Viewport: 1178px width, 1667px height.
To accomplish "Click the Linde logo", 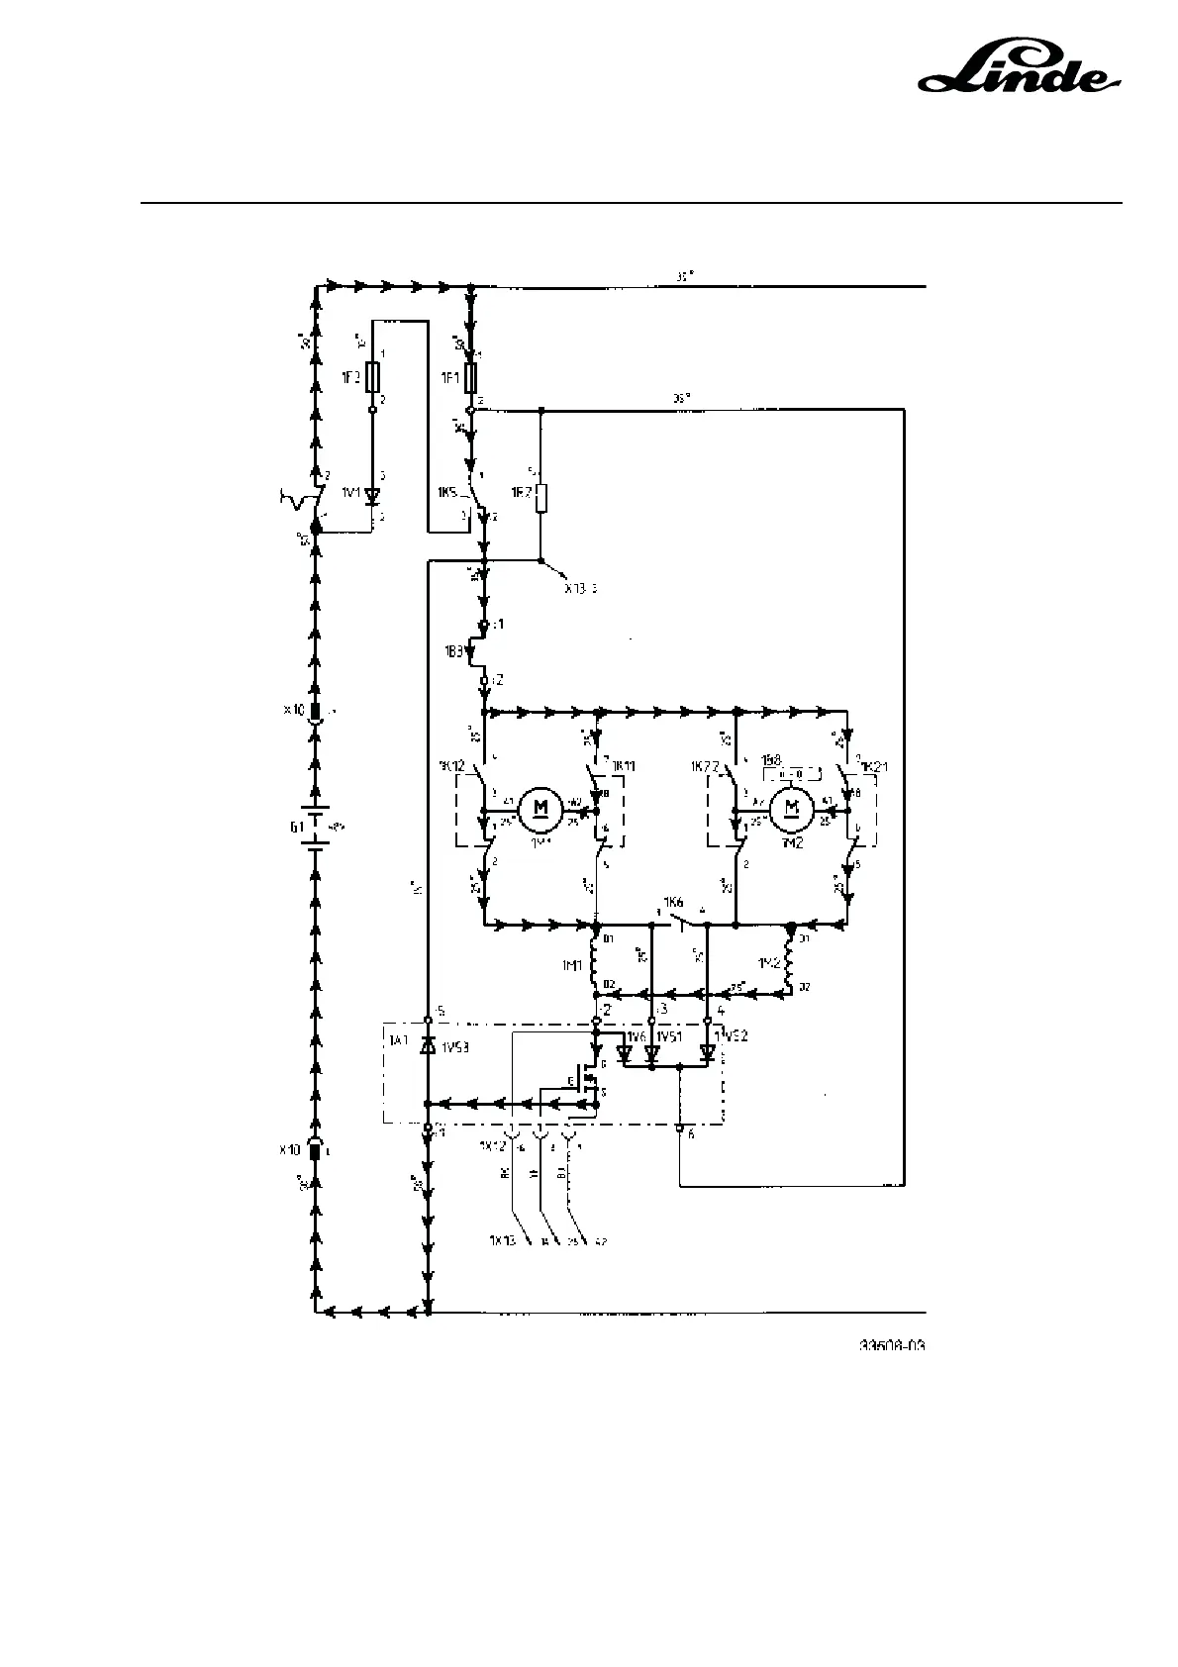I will point(1021,72).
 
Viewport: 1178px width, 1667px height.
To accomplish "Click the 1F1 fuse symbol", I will point(470,377).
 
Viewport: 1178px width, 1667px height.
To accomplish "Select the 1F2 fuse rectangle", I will point(373,377).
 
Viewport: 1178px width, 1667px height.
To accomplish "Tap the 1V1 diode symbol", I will point(373,495).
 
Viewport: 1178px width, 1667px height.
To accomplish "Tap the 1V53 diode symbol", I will point(428,1045).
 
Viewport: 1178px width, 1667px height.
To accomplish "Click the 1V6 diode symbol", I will point(624,1053).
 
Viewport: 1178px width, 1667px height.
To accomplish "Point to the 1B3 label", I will point(456,652).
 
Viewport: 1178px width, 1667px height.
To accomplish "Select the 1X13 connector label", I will point(502,1239).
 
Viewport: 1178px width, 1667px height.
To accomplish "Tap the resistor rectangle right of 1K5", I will point(540,498).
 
